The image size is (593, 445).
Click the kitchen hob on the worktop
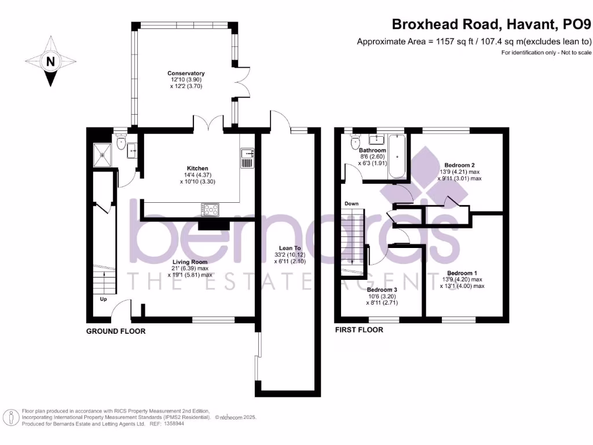pyautogui.click(x=211, y=209)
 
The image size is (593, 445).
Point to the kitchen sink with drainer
pyautogui.click(x=247, y=158)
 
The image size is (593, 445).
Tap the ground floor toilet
pyautogui.click(x=121, y=142)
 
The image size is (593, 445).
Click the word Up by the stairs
pyautogui.click(x=104, y=300)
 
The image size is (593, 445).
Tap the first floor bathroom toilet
pyautogui.click(x=356, y=142)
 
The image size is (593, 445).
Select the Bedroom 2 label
pyautogui.click(x=460, y=165)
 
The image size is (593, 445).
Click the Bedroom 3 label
pyautogui.click(x=382, y=289)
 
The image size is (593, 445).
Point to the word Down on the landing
pyautogui.click(x=351, y=204)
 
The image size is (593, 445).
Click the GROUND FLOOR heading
pyautogui.click(x=116, y=331)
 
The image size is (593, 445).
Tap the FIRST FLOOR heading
pyautogui.click(x=359, y=330)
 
